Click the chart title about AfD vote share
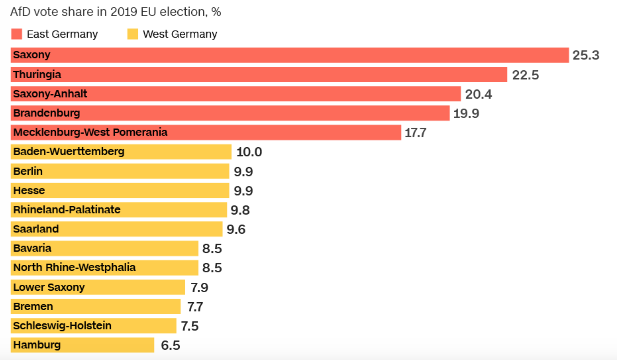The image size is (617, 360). (x=115, y=12)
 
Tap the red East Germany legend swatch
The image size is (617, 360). (x=17, y=34)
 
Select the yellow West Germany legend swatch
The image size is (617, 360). (x=133, y=34)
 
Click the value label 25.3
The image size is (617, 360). (x=586, y=55)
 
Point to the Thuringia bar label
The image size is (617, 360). (x=37, y=74)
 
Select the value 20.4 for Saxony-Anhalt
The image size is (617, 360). (x=478, y=94)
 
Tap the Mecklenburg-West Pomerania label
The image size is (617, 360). (x=90, y=132)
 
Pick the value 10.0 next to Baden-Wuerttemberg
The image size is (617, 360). (x=249, y=152)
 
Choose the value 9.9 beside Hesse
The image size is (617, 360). (x=243, y=191)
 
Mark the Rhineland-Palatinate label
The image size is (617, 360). (x=67, y=210)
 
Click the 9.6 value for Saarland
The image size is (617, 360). (x=236, y=229)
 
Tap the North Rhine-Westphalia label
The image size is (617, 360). (x=74, y=267)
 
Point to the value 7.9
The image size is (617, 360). (x=199, y=288)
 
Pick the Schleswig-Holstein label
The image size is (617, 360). (x=62, y=325)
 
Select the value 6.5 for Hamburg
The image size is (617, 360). (x=170, y=345)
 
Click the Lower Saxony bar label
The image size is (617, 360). (x=49, y=287)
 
